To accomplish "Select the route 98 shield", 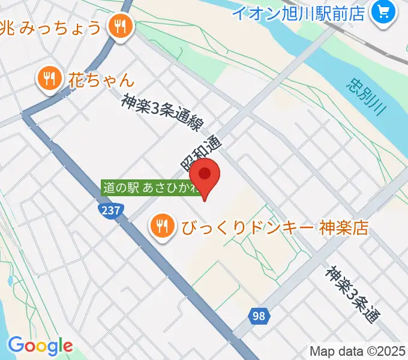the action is click(x=259, y=315).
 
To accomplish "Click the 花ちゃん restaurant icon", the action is click(x=49, y=79).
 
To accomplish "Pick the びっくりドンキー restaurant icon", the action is click(x=161, y=226).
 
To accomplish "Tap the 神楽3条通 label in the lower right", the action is click(x=353, y=294).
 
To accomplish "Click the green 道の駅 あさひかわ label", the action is click(x=151, y=188).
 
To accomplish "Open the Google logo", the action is click(x=40, y=346).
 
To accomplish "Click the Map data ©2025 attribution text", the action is click(x=356, y=351).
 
